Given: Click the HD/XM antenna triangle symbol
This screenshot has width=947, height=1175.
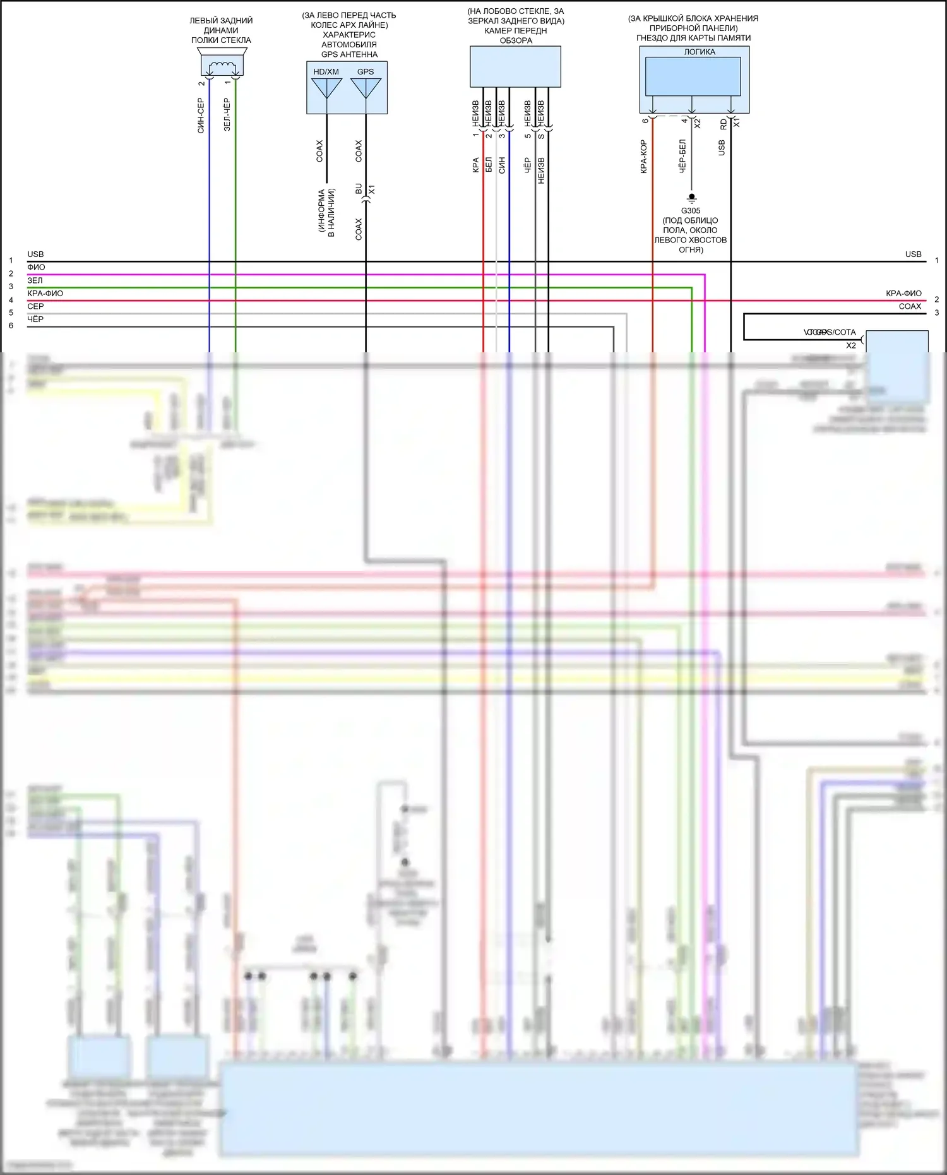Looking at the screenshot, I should (x=326, y=88).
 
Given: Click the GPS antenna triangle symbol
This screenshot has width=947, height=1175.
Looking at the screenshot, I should (x=366, y=88).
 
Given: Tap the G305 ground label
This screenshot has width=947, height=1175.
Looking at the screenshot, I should (x=691, y=211).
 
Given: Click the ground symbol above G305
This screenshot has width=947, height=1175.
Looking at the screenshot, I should (x=692, y=198).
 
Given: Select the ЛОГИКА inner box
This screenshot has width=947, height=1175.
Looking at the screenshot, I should (x=693, y=76).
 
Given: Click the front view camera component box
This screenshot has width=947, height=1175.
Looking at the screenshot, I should (x=515, y=66).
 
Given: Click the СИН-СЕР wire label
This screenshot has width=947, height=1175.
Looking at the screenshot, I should (x=201, y=116).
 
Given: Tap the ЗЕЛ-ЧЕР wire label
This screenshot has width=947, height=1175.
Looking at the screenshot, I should (x=227, y=115).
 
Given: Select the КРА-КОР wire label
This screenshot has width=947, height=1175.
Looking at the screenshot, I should (x=644, y=157).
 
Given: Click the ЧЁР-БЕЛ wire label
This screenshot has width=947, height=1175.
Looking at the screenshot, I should (x=682, y=157).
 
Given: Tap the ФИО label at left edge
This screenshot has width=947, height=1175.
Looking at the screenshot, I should (x=36, y=267).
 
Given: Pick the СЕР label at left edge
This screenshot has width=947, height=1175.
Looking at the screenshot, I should (x=35, y=306).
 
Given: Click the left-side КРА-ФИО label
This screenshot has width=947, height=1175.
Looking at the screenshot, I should (x=45, y=293).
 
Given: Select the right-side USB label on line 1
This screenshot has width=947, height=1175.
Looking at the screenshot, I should (x=913, y=254).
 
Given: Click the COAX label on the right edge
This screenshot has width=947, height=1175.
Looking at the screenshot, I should (x=910, y=306).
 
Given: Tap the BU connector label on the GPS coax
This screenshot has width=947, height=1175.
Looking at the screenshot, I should (x=359, y=189).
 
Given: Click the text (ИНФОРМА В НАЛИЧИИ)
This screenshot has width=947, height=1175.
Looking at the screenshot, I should (x=326, y=213).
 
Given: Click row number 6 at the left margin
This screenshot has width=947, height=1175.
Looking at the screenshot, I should (x=11, y=326).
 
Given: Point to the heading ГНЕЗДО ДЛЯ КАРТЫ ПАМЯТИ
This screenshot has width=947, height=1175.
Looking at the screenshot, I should (x=693, y=38).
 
